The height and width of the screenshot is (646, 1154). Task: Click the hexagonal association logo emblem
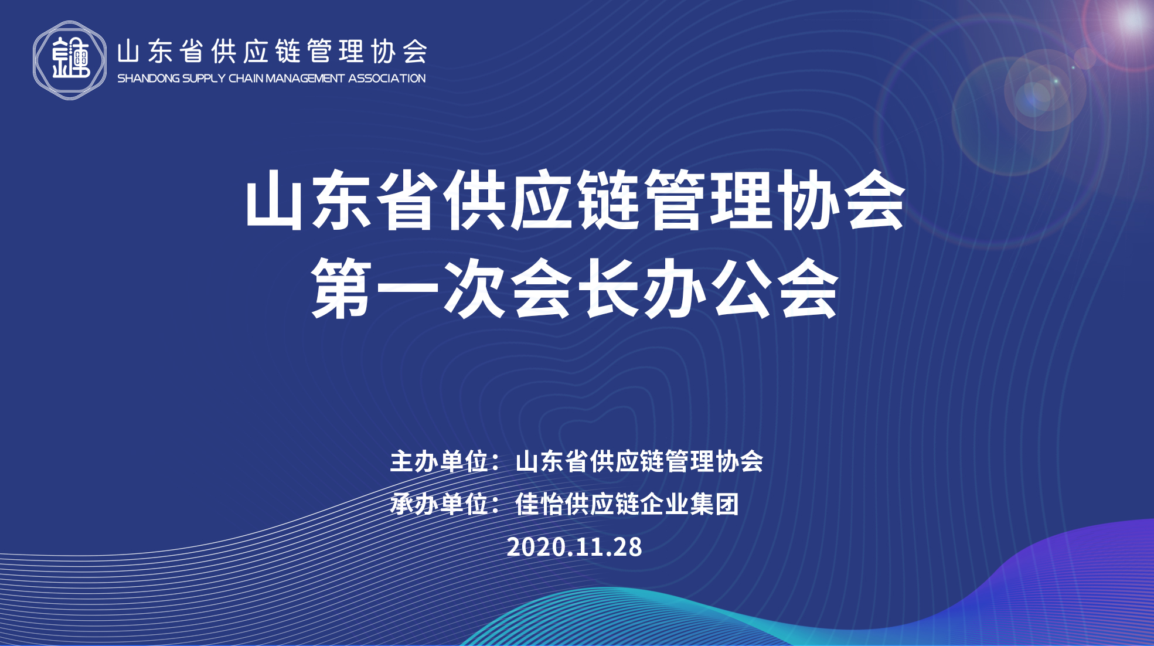point(70,60)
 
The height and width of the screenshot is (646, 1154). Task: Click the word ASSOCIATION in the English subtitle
point(387,79)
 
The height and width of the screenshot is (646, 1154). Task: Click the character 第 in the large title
point(341,288)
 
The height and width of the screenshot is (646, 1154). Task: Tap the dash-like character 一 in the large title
point(407,288)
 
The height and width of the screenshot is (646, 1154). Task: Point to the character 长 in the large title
point(608,288)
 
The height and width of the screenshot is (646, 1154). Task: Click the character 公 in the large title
point(741,288)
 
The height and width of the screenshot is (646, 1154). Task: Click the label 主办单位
point(440,461)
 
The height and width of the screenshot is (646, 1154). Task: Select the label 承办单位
point(440,504)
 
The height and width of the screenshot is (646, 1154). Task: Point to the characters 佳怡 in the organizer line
point(539,504)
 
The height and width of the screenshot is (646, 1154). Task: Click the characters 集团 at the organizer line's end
point(714,504)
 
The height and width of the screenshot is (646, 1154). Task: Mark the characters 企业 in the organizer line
point(665,504)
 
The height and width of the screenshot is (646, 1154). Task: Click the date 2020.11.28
point(574,547)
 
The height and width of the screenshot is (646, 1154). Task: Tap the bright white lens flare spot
point(1132,19)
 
